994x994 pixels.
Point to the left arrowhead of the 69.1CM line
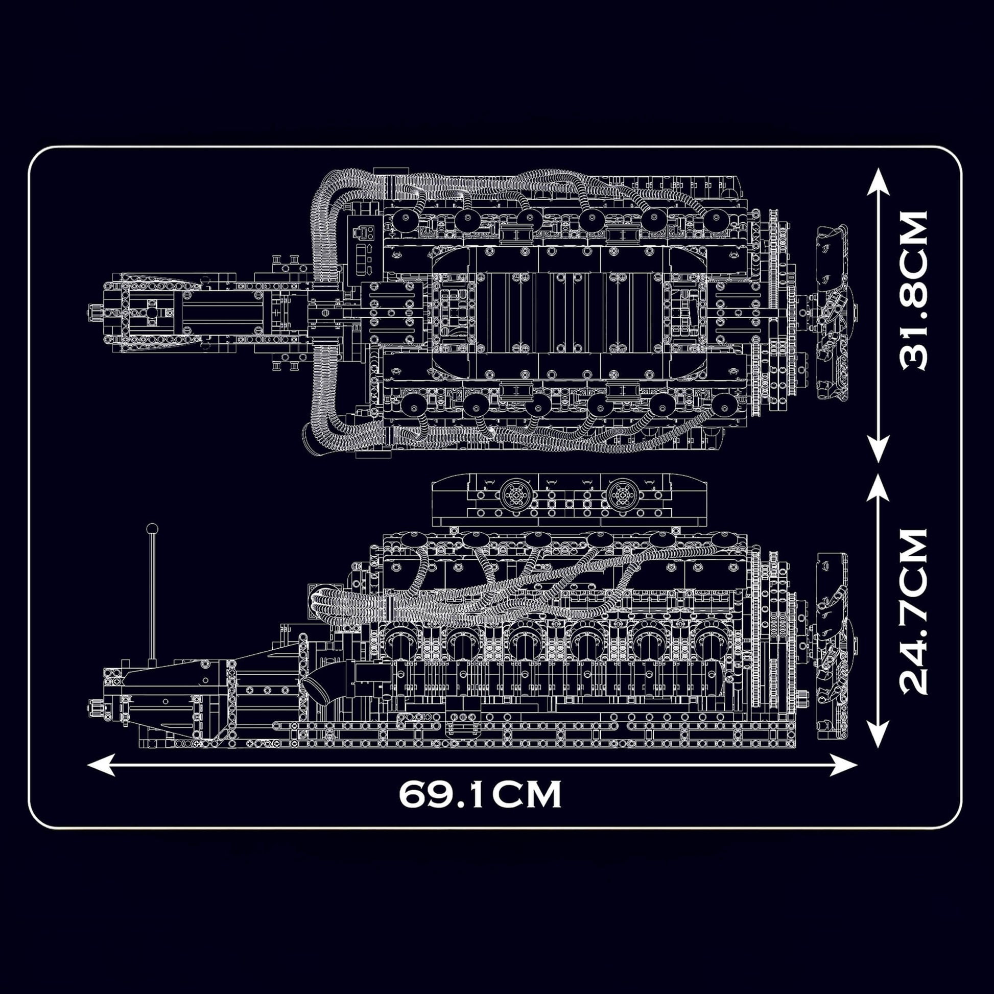[100, 765]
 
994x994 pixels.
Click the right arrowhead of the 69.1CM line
[845, 765]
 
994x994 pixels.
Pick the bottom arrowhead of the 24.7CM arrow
[878, 735]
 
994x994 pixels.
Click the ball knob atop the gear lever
[152, 528]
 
